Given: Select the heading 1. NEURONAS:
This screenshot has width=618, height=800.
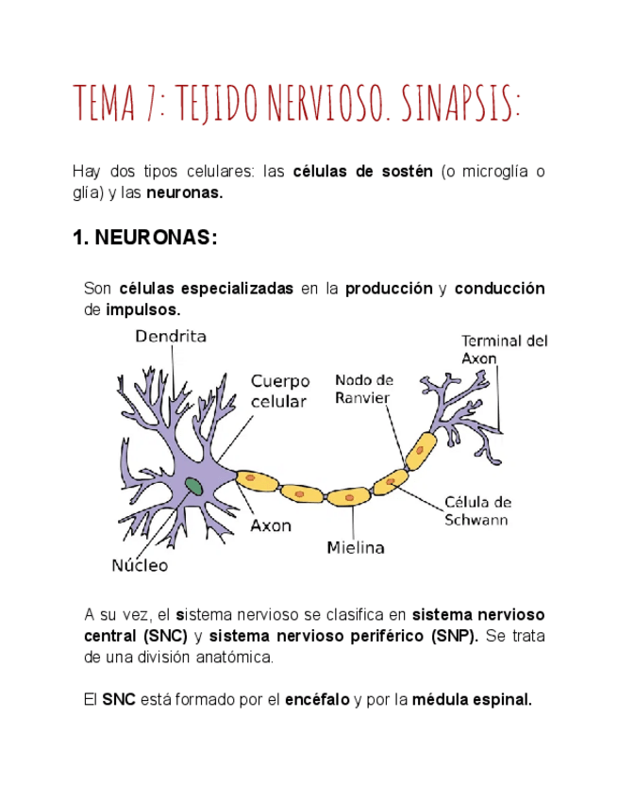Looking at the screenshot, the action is [145, 240].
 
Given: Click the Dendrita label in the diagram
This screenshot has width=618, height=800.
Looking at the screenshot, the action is [170, 335].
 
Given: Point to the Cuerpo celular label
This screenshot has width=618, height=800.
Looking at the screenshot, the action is [279, 392].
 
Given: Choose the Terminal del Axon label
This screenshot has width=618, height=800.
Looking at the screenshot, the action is [503, 349].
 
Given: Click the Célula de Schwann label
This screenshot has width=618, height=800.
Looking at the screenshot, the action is [477, 510].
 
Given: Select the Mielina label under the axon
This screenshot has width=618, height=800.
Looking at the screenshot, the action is [355, 546].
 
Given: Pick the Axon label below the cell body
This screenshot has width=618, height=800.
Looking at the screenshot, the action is [270, 525].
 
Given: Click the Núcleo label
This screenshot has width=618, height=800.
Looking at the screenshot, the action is [140, 566].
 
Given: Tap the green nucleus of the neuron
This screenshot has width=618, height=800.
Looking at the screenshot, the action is [194, 487].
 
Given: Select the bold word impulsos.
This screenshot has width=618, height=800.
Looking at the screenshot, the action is [142, 308].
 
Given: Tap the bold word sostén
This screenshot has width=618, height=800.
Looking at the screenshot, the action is [408, 171].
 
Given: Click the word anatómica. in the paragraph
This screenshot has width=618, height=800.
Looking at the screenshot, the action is [236, 656].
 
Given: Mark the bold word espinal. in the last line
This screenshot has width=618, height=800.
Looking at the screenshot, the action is [505, 699].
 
